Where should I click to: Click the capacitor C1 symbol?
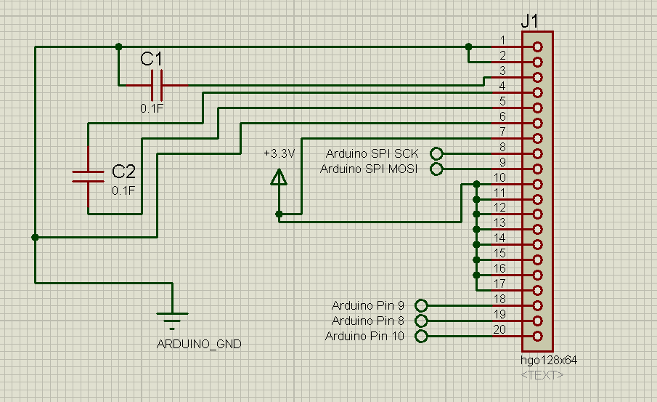coord(157,85)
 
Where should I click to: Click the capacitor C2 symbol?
coord(88,175)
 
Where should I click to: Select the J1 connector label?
coord(530,22)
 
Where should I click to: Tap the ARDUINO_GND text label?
coord(199,345)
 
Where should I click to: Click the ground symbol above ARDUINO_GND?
coord(172,318)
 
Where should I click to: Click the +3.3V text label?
coord(279,153)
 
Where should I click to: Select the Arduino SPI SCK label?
coord(372,153)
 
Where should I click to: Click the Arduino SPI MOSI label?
coord(369,169)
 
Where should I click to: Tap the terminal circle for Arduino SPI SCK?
coord(436,153)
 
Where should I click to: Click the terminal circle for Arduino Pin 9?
coord(420,306)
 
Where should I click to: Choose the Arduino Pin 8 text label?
coord(367,321)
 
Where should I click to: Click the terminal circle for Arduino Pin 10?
coord(420,336)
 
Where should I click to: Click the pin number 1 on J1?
coord(502,40)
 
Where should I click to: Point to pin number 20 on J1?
coord(499,329)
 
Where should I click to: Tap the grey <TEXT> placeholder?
coord(542,374)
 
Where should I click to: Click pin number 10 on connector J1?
coord(499,177)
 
